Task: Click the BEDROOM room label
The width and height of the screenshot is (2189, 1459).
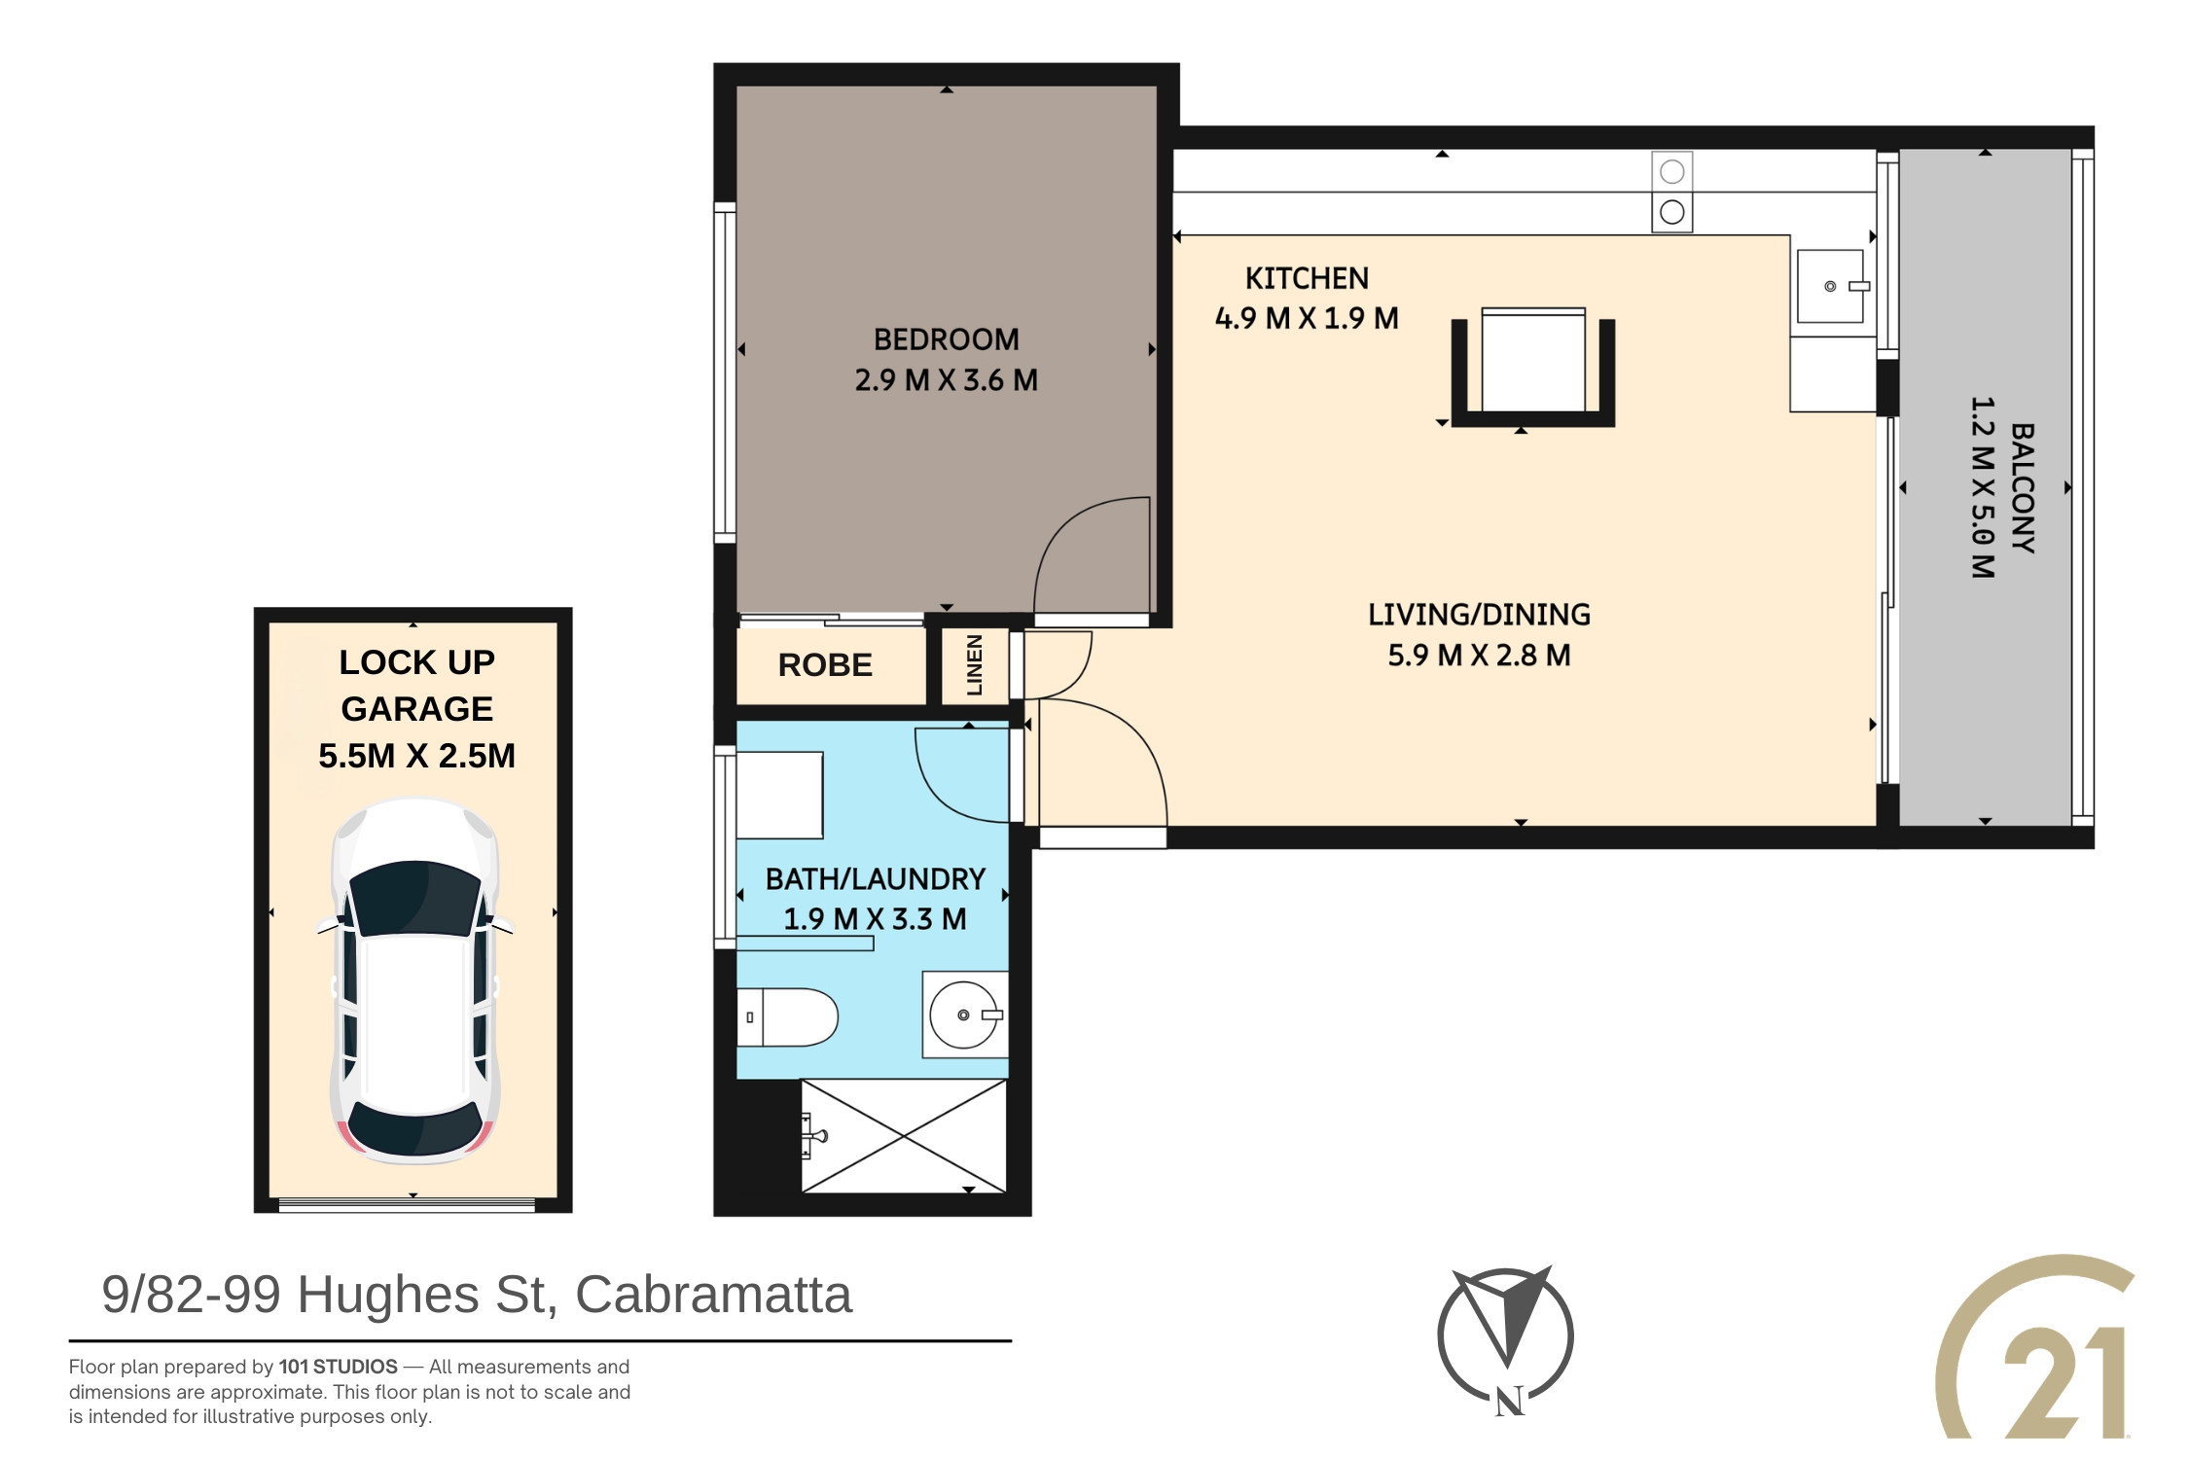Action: pos(946,339)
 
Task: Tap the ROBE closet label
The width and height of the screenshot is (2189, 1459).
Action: pos(825,665)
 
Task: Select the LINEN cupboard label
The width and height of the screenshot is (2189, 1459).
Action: pos(975,665)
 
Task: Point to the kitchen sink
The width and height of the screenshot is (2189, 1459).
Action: pos(1830,286)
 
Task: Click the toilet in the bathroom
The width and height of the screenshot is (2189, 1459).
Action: pos(787,1017)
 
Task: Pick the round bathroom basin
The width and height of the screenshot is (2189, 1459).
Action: pos(963,1014)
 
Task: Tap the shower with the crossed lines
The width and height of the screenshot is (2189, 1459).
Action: pos(903,1136)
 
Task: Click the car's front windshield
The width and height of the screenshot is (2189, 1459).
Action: pos(415,897)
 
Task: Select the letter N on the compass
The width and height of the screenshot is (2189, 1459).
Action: pos(1509,1402)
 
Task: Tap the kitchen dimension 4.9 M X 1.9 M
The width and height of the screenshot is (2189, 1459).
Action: pos(1307,318)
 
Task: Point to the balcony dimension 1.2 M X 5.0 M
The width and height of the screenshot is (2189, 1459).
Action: pos(1982,487)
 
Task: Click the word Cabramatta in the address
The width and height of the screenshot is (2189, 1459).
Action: pos(713,1295)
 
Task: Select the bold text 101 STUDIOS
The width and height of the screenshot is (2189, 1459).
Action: pos(338,1367)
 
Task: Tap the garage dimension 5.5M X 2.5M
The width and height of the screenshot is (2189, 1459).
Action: pos(416,756)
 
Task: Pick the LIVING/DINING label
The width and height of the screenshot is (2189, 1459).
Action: pos(1479,615)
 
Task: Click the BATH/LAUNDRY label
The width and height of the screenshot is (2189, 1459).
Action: pos(875,879)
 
